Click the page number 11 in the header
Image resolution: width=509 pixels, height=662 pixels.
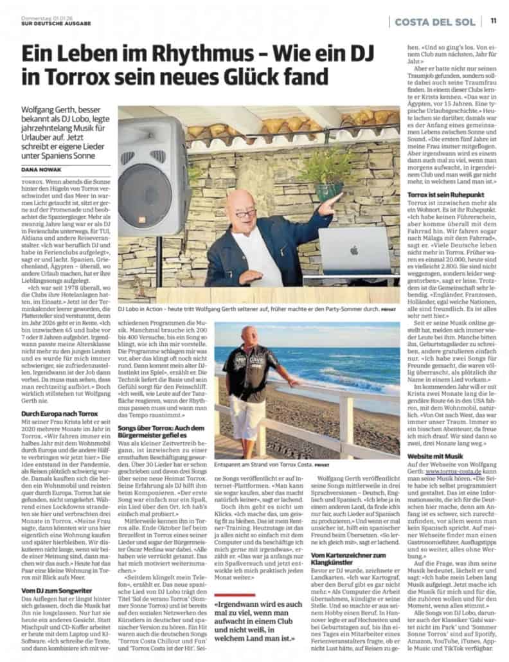click(493, 21)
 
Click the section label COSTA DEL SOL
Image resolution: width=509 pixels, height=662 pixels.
click(435, 21)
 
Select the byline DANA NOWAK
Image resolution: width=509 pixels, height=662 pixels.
click(42, 170)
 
